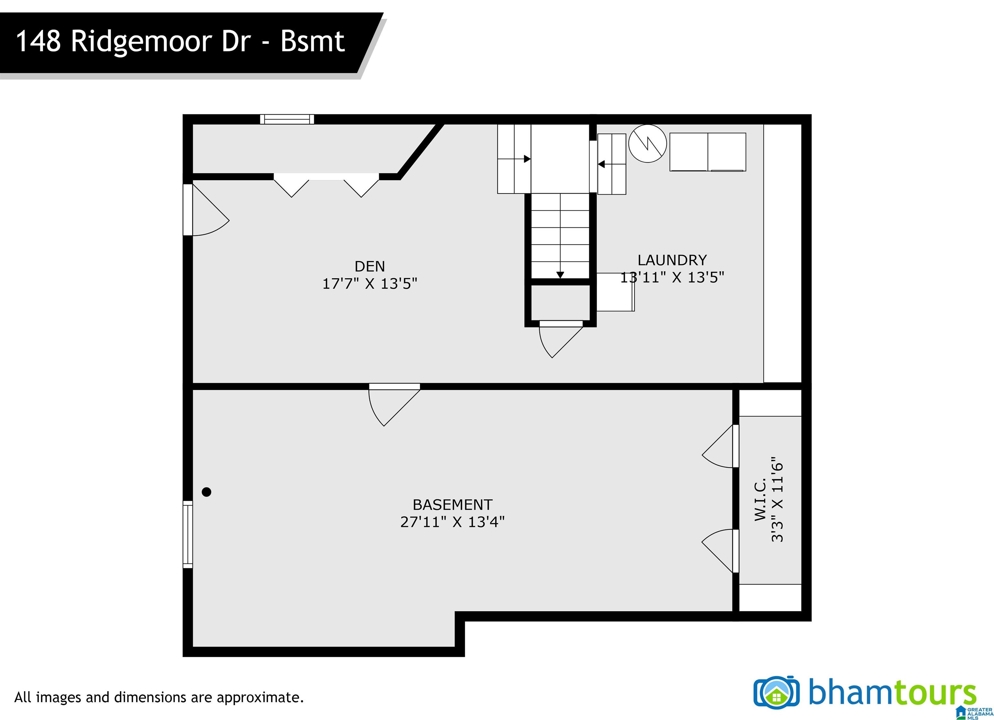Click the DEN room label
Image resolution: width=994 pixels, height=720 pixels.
pyautogui.click(x=370, y=266)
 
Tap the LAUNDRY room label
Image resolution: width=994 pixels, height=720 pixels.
pyautogui.click(x=672, y=260)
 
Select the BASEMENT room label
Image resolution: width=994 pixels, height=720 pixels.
pyautogui.click(x=452, y=505)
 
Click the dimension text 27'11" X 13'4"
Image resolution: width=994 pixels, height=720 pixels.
pyautogui.click(x=452, y=522)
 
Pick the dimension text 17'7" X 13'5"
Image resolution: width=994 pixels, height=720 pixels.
pyautogui.click(x=370, y=283)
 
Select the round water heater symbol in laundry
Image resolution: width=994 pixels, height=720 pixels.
pyautogui.click(x=647, y=144)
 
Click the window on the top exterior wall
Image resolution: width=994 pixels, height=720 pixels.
pyautogui.click(x=287, y=119)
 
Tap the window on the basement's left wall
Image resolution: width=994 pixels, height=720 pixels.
pyautogui.click(x=188, y=535)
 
